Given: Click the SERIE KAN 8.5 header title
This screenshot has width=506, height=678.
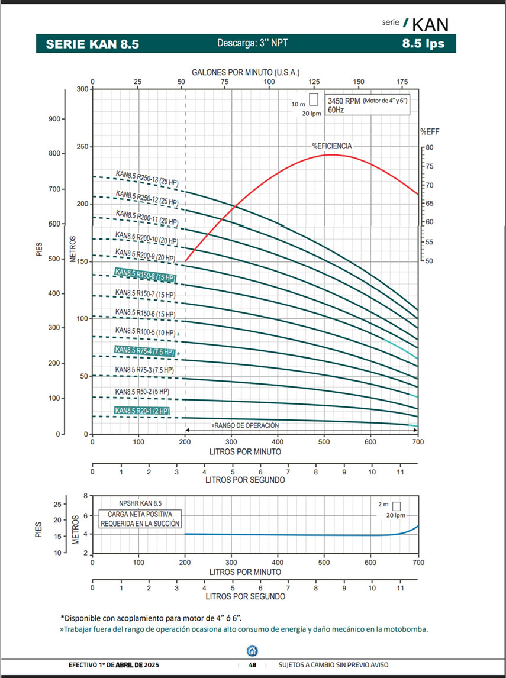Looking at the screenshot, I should coord(92,44).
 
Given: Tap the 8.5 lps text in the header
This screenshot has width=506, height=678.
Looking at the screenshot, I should coord(423,43).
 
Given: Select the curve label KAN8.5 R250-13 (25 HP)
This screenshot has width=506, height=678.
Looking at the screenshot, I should coord(147,179).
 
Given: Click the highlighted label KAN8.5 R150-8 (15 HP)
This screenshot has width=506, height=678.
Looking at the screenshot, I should coord(145,275).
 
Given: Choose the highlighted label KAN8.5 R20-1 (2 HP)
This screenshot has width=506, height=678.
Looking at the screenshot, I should coord(142,411).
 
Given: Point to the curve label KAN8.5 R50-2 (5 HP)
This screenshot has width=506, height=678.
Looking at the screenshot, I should coord(142,392).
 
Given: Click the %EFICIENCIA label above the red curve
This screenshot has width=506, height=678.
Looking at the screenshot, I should coord(332,146).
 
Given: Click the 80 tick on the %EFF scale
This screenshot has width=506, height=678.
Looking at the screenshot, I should coord(429,147).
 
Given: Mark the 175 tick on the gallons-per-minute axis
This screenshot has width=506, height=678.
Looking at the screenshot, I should coord(402,82).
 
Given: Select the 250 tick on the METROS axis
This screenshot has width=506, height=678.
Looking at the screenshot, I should coord(81,147).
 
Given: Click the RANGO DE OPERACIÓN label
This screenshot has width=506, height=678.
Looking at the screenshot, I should coord(245,425).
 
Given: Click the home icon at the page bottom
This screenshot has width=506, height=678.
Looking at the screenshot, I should coord(253,651).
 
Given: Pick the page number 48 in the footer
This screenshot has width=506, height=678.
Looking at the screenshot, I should coord(253,665).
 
